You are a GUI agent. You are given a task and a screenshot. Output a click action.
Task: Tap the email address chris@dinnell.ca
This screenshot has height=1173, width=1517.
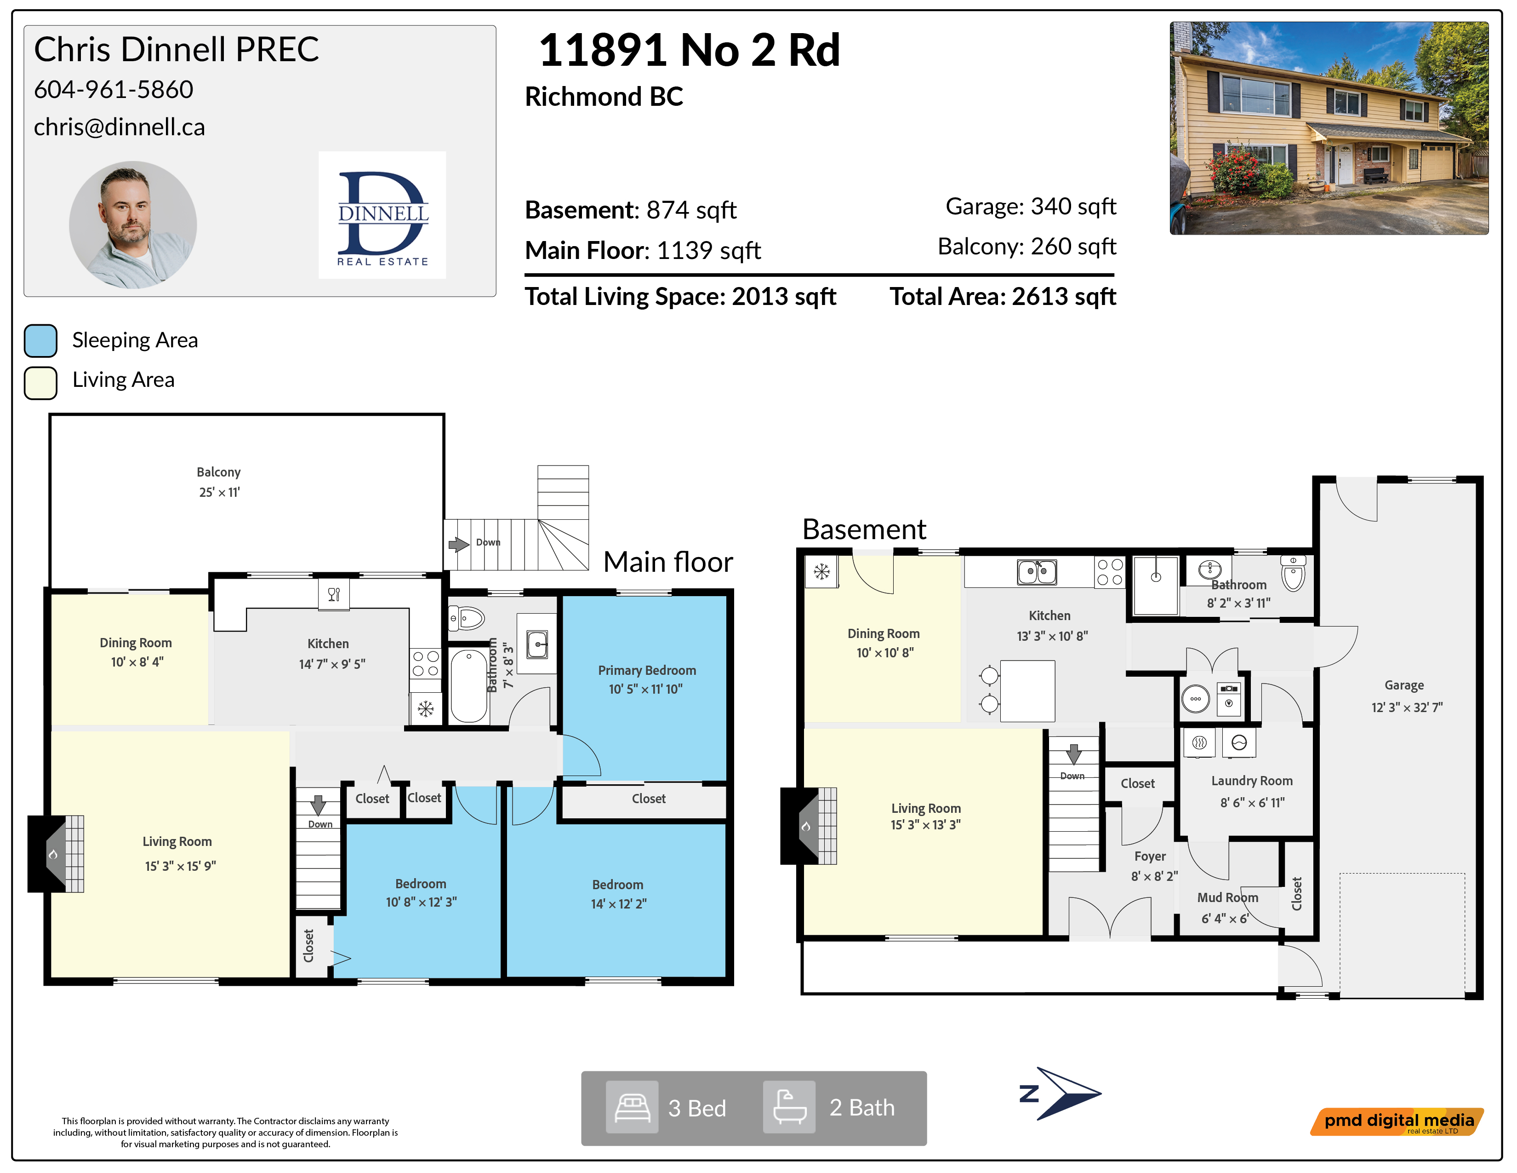coord(120,126)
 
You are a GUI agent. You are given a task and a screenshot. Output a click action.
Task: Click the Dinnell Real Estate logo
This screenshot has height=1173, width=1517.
coord(382,215)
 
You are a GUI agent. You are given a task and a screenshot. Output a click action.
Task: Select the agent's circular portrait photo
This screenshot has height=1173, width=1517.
coord(133,224)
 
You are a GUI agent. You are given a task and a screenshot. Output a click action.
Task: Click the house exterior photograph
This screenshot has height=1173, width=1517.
coord(1329,128)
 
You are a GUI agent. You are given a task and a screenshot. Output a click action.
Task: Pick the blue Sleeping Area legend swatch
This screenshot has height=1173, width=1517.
coord(40,340)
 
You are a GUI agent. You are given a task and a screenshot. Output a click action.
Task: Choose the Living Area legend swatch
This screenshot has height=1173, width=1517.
coord(40,383)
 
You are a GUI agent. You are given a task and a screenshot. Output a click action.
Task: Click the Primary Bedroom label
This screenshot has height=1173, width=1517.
coord(647,670)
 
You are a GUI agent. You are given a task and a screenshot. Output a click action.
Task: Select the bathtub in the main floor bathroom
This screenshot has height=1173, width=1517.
coord(469,686)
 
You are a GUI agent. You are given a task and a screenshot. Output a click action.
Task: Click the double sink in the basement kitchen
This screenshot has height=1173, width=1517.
coord(1037,572)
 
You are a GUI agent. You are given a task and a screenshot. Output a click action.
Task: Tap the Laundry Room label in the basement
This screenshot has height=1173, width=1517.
coord(1252,780)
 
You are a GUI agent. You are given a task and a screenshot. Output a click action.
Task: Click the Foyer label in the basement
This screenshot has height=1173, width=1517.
coord(1150,856)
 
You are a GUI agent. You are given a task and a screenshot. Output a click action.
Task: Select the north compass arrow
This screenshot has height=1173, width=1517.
coord(1061,1093)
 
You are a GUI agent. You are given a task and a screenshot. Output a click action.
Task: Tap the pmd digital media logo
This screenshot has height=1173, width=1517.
coord(1397,1121)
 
